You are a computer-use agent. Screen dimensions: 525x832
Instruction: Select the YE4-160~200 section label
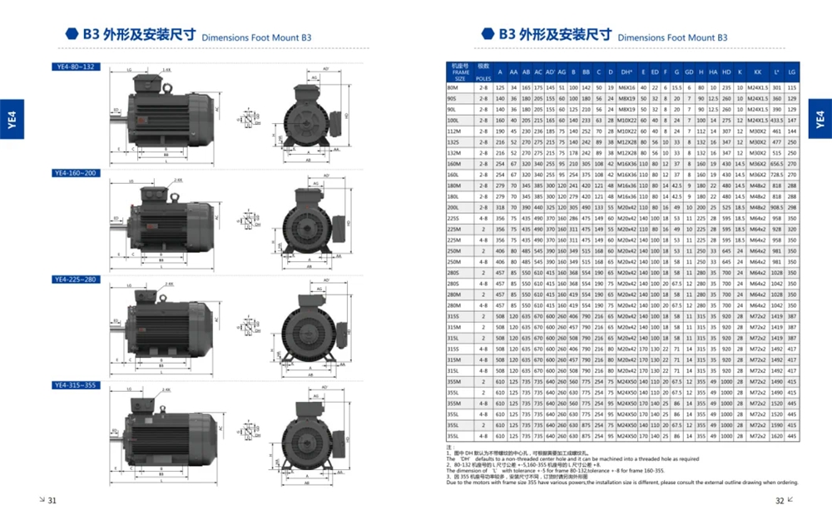76,173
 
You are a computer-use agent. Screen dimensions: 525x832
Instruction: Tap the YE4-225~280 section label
76,280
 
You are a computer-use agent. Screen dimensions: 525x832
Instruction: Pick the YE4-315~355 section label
76,385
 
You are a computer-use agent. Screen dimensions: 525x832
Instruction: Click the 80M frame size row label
453,87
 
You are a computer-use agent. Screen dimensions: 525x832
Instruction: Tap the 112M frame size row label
453,131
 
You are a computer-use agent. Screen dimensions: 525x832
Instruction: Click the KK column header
757,72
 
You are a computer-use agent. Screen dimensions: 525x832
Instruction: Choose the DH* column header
626,72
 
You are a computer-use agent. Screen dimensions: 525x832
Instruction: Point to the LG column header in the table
792,72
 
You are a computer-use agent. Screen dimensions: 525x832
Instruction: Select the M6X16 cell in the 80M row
626,87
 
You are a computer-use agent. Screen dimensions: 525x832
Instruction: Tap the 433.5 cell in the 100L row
777,120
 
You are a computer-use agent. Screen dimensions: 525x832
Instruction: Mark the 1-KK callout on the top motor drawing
166,70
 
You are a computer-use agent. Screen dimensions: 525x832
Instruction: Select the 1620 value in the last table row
777,435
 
